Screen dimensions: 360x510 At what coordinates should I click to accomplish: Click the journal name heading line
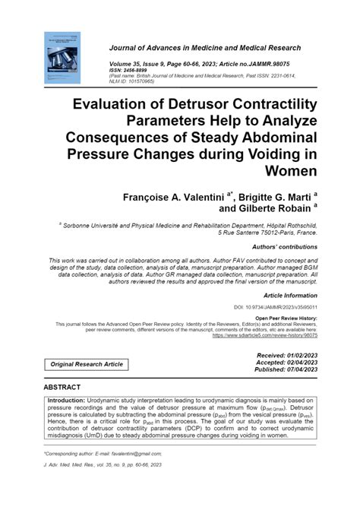(205, 47)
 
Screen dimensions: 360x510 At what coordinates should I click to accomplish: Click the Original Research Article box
(87, 364)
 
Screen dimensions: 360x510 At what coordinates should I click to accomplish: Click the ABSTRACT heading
(68, 386)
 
